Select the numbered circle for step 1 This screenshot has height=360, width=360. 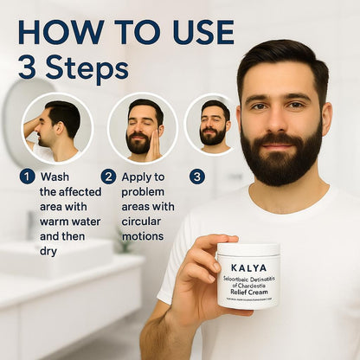pos(28,177)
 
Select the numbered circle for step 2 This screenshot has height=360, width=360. pos(108,177)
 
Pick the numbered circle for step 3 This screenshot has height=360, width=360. pos(197,177)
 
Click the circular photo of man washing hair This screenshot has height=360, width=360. pos(57,127)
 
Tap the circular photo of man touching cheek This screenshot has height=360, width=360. pos(142,128)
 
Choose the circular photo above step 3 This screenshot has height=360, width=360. pos(211,124)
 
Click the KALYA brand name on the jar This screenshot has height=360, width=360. pos(248,268)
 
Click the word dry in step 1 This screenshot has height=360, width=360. pos(49,252)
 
